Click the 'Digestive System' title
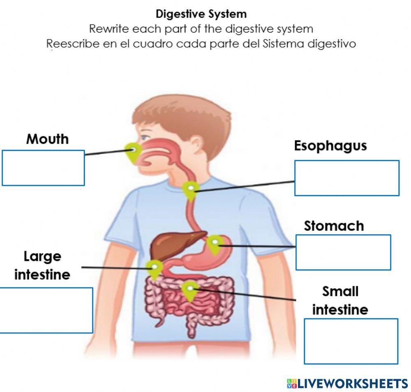(201, 14)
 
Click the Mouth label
(47, 139)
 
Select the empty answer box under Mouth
(43, 168)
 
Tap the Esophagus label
(330, 146)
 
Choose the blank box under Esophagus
(346, 178)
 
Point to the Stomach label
(334, 226)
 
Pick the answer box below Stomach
(343, 252)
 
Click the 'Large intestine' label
(42, 265)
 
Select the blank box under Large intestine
(46, 310)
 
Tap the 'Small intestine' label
(340, 300)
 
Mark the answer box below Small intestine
(351, 341)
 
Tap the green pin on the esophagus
(191, 190)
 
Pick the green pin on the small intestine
(189, 291)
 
